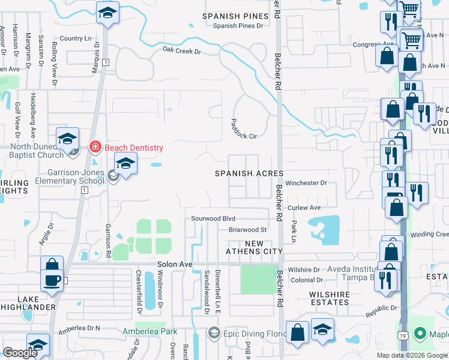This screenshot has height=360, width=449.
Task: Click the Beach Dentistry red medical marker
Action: tap(95, 147)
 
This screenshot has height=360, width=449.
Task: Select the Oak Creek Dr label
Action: tap(181, 51)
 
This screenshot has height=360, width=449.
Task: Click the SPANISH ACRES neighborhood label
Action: tap(249, 173)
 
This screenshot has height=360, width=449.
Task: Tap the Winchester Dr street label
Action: tap(306, 182)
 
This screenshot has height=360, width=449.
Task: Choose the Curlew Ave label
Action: tap(304, 208)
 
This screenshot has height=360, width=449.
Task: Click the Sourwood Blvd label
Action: tap(213, 219)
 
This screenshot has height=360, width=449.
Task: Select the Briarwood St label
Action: tap(247, 230)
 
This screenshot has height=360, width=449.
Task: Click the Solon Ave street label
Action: tap(174, 264)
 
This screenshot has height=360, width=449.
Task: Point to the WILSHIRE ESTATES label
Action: tap(330, 298)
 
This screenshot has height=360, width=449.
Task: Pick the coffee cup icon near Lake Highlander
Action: tap(52, 280)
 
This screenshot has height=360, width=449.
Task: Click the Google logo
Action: tap(20, 353)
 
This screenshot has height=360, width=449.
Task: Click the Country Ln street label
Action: tap(79, 38)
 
